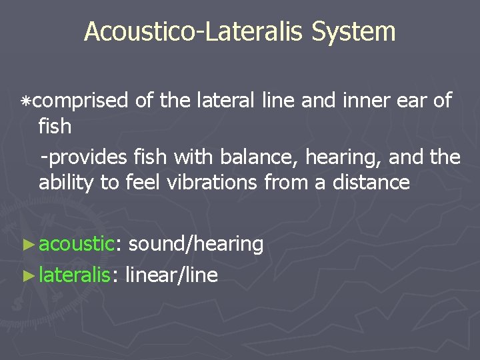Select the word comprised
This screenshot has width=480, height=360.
(x=80, y=101)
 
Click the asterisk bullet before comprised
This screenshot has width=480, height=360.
(x=26, y=101)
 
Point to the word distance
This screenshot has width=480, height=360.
(x=372, y=182)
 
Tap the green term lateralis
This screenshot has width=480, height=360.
(x=74, y=274)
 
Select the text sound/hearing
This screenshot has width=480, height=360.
(x=196, y=244)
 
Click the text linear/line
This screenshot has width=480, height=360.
(x=171, y=274)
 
